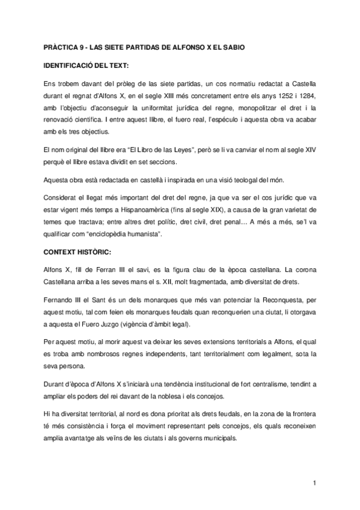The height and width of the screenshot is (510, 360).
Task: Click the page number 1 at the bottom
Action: [x=314, y=483]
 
